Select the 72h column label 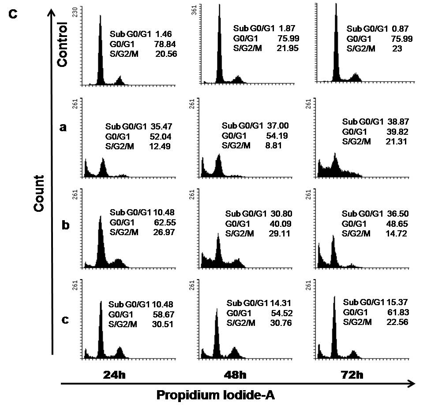pyautogui.click(x=353, y=375)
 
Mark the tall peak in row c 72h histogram pyautogui.click(x=334, y=326)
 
